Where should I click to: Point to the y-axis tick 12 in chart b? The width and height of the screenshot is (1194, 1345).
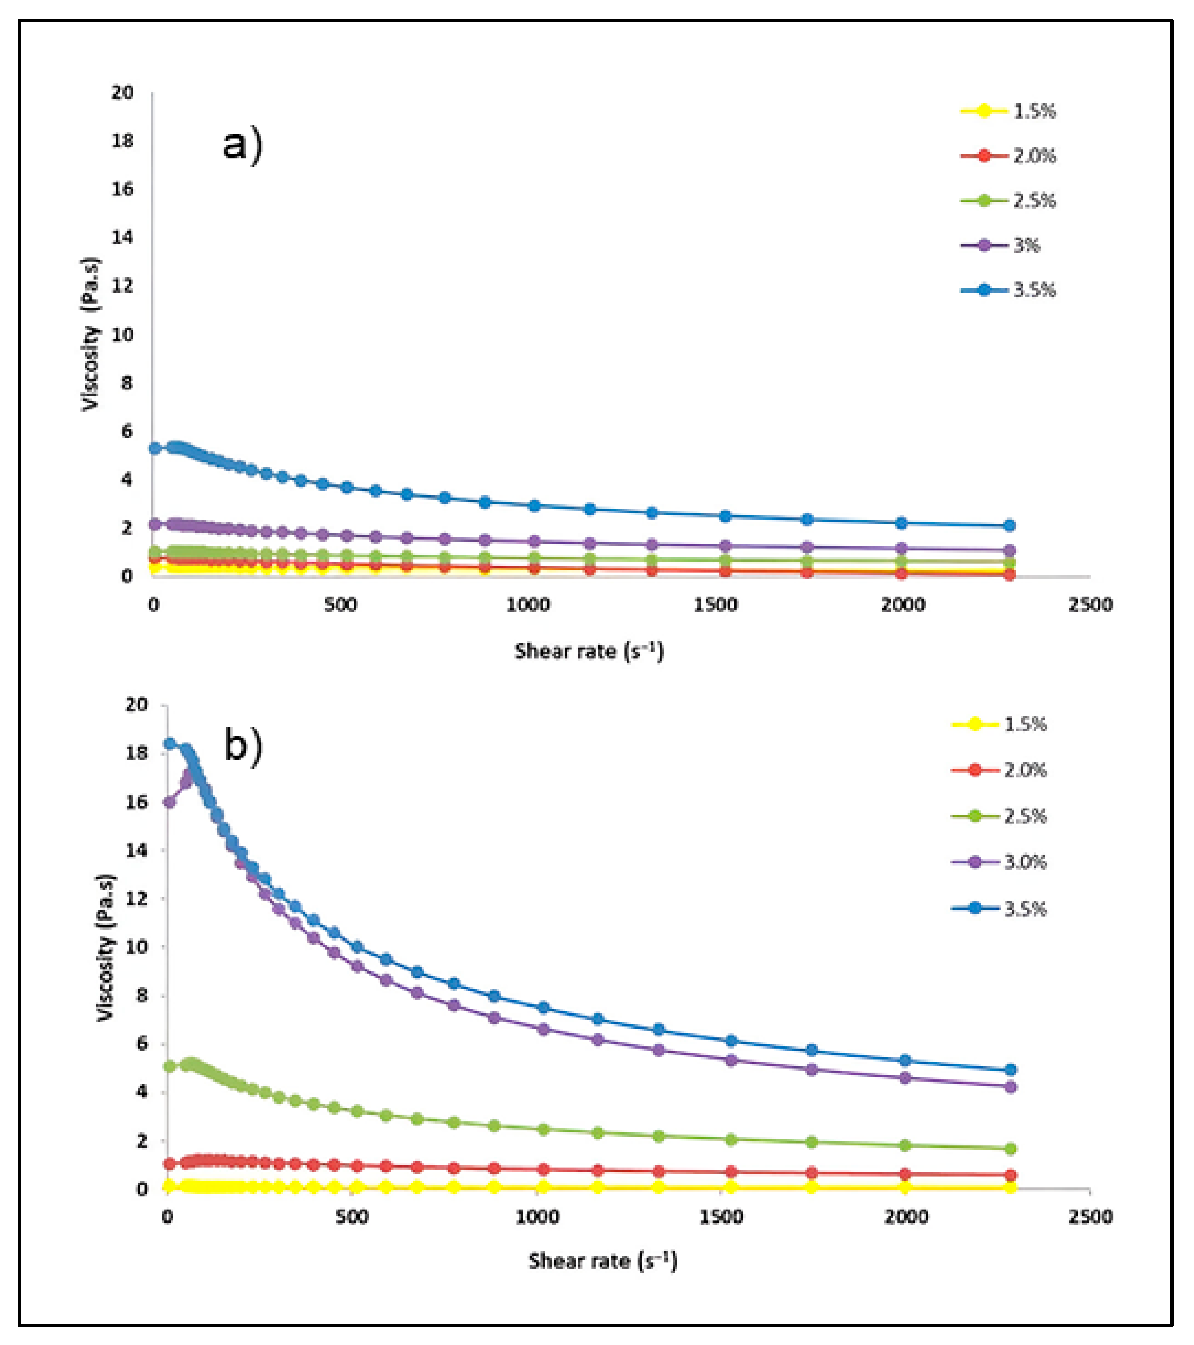tap(136, 898)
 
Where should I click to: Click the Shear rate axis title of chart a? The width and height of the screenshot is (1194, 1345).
tap(589, 651)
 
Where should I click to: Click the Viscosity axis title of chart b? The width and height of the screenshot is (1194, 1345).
tap(106, 948)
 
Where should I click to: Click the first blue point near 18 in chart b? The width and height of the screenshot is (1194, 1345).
tap(170, 743)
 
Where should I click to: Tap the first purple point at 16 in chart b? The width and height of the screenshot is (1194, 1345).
tap(170, 802)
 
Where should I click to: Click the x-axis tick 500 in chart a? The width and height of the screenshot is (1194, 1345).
tap(340, 605)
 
